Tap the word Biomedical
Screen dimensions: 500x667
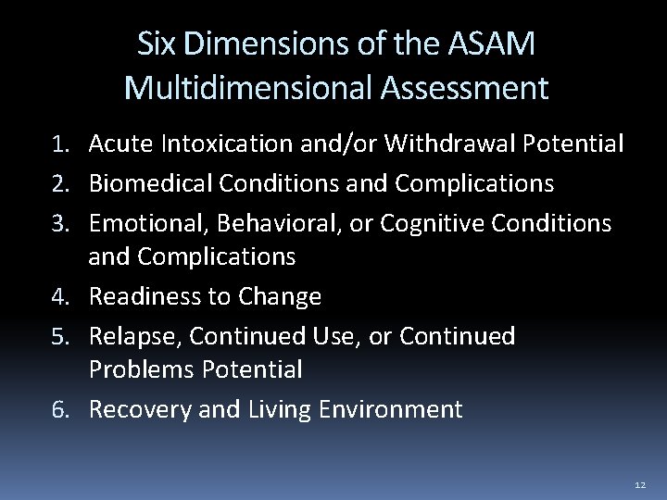[x=152, y=183]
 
